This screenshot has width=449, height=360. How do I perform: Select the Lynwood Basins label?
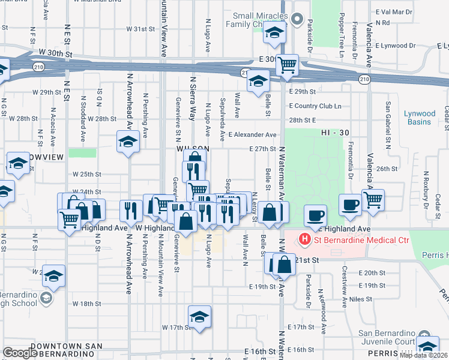coord(419,118)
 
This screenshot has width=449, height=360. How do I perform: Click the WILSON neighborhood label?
coord(193,148)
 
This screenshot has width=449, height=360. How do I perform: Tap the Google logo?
coord(20,353)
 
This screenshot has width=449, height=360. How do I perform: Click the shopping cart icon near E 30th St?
coord(288,64)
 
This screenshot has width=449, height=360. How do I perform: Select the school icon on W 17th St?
coord(199,316)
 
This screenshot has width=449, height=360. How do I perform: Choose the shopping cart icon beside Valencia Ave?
coord(373,199)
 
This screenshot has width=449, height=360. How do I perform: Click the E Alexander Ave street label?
coord(252,135)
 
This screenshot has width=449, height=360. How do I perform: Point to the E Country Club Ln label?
coord(315,106)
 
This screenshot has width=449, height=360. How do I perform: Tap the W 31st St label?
coord(141,29)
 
